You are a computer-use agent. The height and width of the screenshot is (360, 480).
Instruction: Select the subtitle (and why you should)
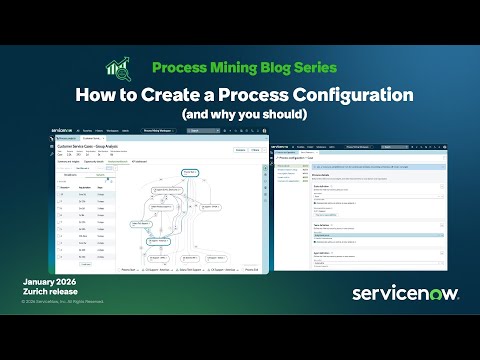coord(239,114)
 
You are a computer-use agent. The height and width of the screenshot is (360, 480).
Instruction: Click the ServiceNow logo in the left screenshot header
coord(65,130)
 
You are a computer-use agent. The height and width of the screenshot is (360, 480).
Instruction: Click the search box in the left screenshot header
coord(205,130)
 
